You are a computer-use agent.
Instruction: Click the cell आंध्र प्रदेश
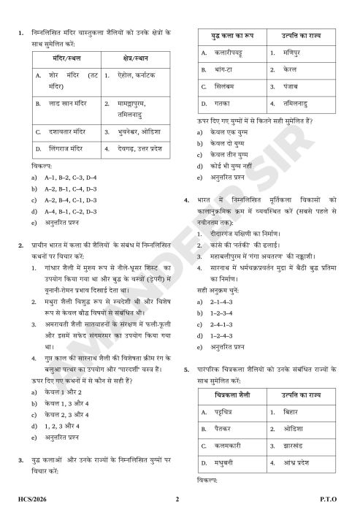coord(298,462)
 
